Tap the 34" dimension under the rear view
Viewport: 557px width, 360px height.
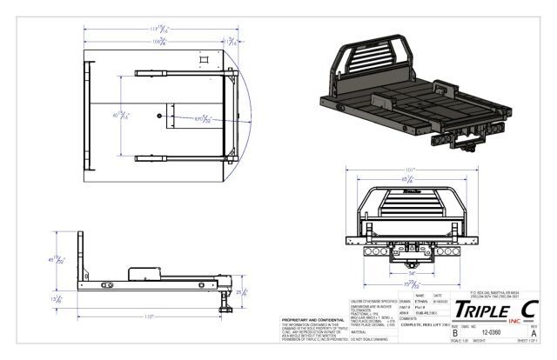pyautogui.click(x=412, y=271)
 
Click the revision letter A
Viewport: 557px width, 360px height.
pyautogui.click(x=533, y=331)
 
